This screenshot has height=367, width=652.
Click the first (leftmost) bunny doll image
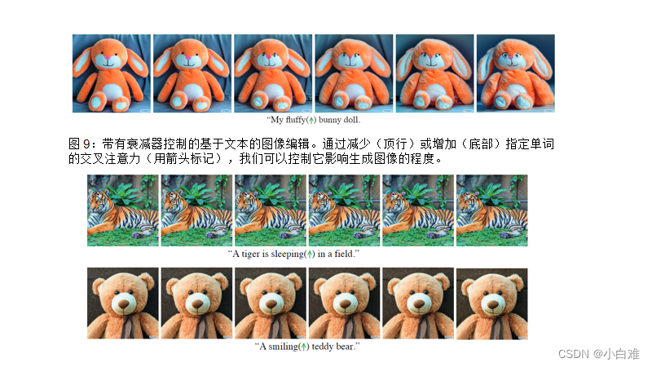point(111,73)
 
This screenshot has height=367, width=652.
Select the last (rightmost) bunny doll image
point(515,73)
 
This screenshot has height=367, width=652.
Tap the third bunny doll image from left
point(272,73)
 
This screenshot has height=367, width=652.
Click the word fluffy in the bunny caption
point(290,120)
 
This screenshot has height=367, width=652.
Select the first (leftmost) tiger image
point(123,210)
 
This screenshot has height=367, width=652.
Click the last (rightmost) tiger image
point(491,210)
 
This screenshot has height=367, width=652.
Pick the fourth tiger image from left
point(344,210)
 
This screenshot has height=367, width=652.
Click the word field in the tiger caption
point(345,254)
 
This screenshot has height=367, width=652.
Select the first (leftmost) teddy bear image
point(123,303)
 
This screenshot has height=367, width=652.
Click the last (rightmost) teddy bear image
point(491,303)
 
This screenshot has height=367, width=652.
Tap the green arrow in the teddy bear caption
point(304,347)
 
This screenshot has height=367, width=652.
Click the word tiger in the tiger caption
point(249,254)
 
